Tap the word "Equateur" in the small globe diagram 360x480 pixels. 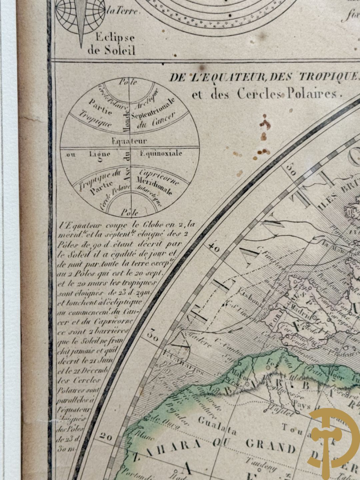[x=129, y=141]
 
